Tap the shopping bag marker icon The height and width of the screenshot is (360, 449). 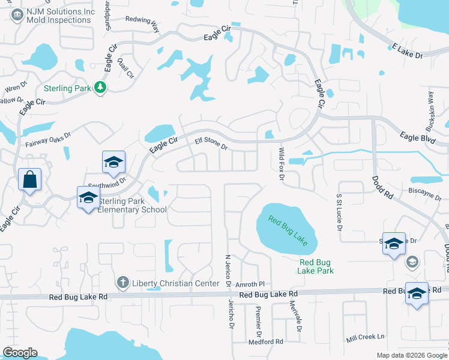click(29, 179)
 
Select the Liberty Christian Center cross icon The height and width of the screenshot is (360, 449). click(122, 282)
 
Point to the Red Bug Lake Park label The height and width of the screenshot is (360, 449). click(316, 266)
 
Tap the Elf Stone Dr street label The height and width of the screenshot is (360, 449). click(211, 144)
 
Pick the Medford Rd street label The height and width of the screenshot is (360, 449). click(265, 342)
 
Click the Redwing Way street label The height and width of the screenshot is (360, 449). click(143, 24)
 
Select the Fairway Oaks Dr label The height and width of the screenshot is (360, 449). click(48, 139)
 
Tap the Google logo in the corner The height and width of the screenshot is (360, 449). click(20, 353)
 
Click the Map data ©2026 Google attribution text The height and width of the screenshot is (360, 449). click(411, 355)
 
